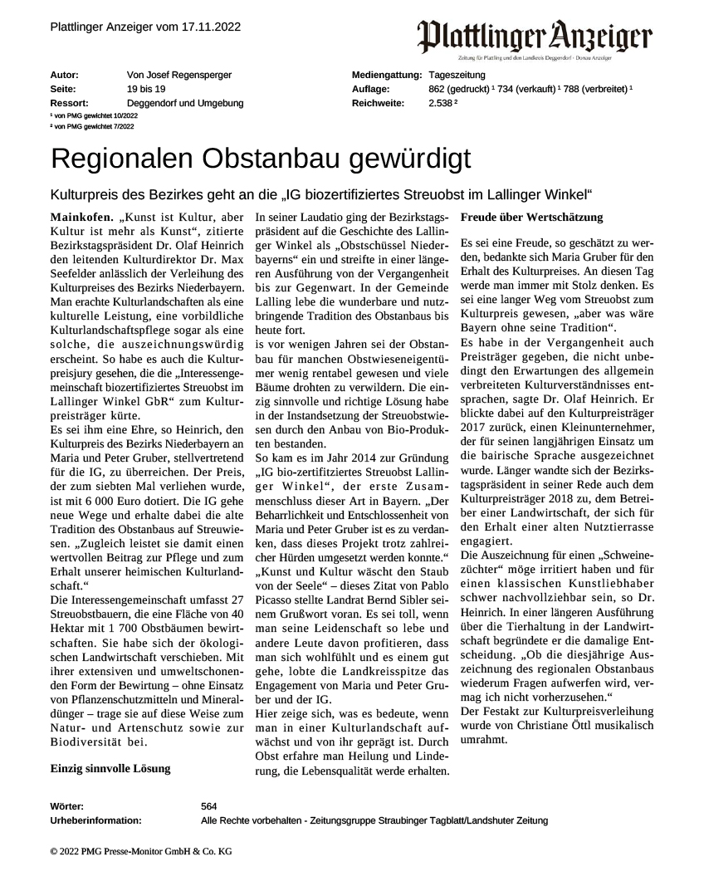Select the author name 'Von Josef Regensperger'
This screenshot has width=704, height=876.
pyautogui.click(x=178, y=76)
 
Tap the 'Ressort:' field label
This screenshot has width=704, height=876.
pyautogui.click(x=69, y=103)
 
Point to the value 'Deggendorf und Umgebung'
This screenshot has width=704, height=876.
pyautogui.click(x=184, y=103)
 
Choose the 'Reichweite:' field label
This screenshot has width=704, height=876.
pyautogui.click(x=378, y=103)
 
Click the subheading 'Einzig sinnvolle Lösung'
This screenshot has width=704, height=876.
pyautogui.click(x=110, y=768)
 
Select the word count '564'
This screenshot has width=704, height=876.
pyautogui.click(x=209, y=806)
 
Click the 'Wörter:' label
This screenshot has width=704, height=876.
pyautogui.click(x=67, y=806)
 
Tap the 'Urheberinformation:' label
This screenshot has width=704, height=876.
pyautogui.click(x=95, y=820)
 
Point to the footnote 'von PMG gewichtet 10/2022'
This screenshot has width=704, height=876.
pyautogui.click(x=92, y=115)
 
